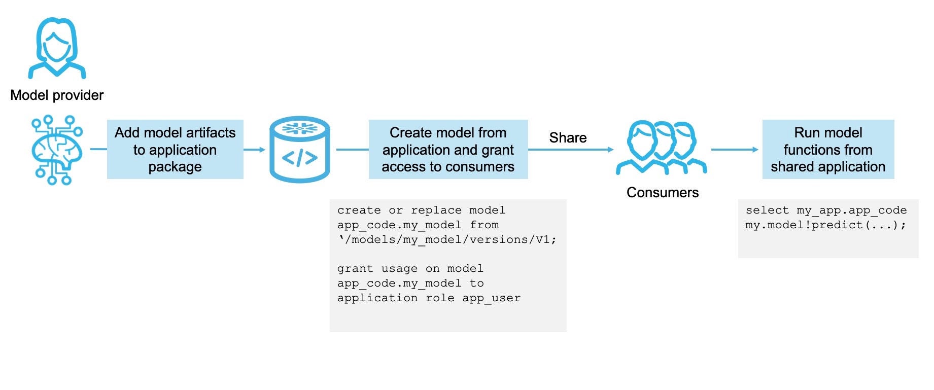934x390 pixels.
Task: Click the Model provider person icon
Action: [x=57, y=48]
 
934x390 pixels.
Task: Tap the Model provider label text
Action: [x=57, y=95]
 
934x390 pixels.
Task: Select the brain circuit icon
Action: [x=56, y=150]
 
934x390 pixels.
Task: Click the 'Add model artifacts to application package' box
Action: [x=175, y=149]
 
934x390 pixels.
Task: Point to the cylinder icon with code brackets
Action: [x=299, y=150]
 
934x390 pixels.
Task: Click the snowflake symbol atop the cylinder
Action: [x=299, y=128]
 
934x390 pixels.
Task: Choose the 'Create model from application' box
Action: [x=448, y=149]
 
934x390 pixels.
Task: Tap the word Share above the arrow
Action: [x=568, y=138]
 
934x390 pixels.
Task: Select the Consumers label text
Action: [x=663, y=193]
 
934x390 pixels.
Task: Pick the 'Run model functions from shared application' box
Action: [x=828, y=149]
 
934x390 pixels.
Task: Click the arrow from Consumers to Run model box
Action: [x=734, y=150]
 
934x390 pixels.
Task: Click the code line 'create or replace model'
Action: [x=421, y=210]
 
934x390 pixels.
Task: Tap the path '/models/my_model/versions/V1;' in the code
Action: [x=449, y=240]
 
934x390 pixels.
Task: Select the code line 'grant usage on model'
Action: [x=410, y=269]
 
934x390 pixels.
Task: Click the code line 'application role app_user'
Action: [x=429, y=298]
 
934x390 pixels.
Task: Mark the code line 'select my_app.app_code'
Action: [x=826, y=210]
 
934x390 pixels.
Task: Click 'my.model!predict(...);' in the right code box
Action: [x=825, y=225]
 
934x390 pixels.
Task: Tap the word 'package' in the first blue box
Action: [x=175, y=167]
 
